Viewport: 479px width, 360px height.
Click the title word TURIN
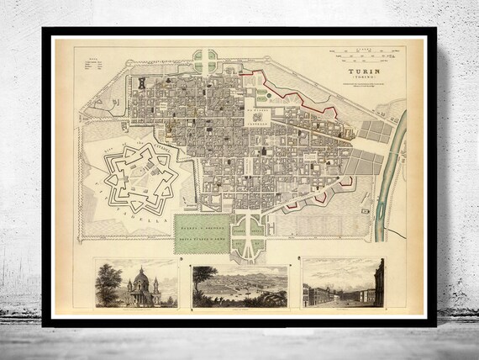[361, 73]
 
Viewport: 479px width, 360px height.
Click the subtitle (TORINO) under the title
[361, 81]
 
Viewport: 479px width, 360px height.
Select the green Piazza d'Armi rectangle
[201, 228]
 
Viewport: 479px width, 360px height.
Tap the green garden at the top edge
[203, 61]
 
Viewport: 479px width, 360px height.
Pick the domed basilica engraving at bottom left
[136, 283]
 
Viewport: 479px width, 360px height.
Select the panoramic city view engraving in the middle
[239, 285]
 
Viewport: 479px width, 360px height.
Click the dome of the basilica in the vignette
[141, 276]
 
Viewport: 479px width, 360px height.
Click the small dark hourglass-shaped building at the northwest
[144, 83]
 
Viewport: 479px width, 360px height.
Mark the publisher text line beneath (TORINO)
[361, 87]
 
